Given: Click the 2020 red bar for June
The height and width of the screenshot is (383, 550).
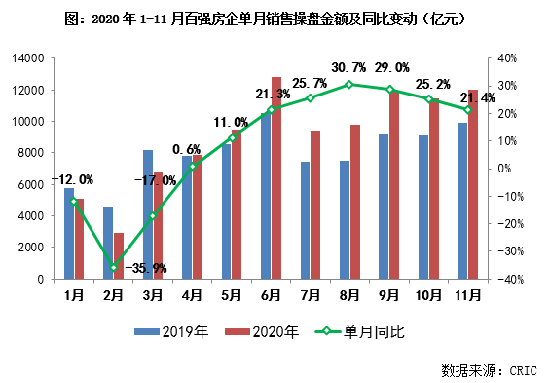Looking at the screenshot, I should point(276,177).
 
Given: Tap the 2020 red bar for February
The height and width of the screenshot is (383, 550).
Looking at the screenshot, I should point(119,255).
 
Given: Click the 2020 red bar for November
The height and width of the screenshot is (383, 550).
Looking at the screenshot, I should point(473,184).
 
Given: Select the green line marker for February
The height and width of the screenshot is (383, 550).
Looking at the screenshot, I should point(114,267).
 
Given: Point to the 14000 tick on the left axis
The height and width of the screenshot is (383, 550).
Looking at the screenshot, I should point(27,58).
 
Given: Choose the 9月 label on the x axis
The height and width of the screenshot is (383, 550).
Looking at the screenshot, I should point(389,293).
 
